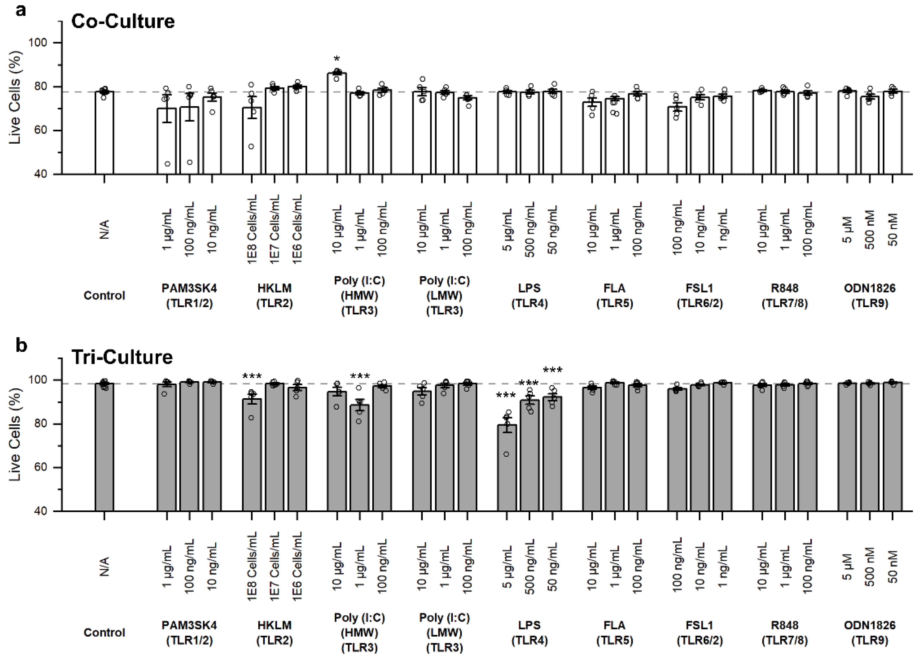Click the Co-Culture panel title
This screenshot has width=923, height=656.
pos(123,21)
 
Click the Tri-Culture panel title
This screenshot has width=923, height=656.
pos(122,357)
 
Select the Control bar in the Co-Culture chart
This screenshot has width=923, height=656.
pos(104,133)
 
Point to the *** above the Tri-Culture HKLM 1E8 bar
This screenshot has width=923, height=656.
pos(252,376)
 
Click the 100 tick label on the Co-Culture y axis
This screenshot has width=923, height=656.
pos(38,43)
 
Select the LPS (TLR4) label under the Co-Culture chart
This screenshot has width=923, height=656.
pos(529,296)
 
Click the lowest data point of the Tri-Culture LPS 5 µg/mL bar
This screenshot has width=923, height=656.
pos(506,454)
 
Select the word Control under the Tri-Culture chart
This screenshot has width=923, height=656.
pos(104,633)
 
